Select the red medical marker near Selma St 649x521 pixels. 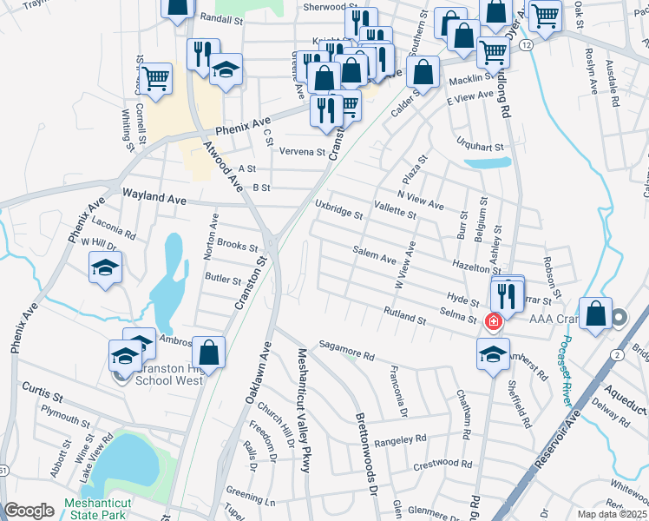(494, 322)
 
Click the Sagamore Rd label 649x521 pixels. (345, 350)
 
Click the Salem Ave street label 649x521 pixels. (374, 254)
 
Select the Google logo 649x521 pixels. (29, 511)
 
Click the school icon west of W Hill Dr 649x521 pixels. (105, 268)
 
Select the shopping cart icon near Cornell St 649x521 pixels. (156, 77)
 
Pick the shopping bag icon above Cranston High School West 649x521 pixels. (208, 353)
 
